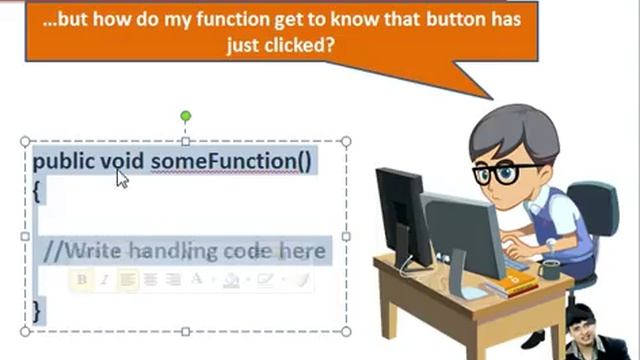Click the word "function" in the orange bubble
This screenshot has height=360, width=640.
(259, 18)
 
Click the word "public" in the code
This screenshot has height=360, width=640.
(63, 161)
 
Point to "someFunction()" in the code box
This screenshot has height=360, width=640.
(231, 161)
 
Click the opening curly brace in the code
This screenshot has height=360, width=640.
(37, 191)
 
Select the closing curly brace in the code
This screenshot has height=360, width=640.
(37, 311)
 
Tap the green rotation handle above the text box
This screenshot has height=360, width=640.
(185, 117)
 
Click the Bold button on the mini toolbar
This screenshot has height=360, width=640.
(82, 281)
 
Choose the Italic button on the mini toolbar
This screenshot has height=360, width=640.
(104, 281)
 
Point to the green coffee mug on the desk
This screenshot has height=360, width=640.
(550, 269)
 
